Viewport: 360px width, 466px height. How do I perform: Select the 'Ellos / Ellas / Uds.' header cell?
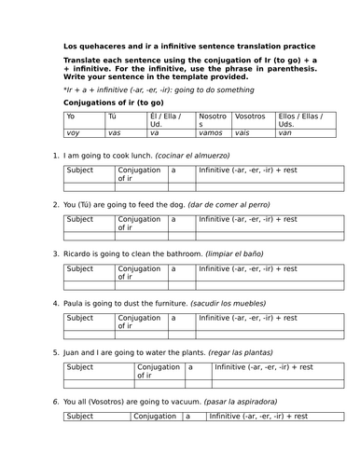310,120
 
